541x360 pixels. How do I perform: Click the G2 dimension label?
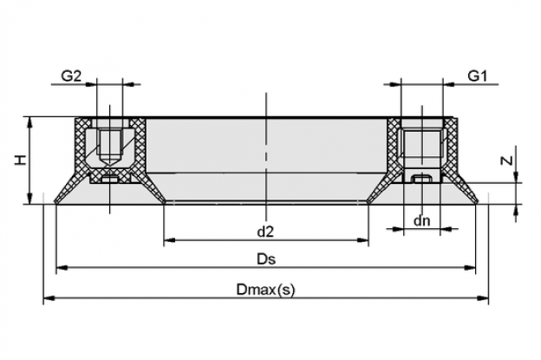[71, 75]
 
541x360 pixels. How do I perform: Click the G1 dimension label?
[477, 75]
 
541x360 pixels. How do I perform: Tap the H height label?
[22, 160]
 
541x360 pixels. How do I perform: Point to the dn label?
[421, 220]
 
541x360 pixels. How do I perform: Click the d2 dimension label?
[265, 232]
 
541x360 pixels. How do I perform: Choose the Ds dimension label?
[266, 259]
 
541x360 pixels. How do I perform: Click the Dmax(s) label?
[265, 289]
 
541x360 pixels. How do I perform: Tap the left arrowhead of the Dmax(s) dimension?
[49, 298]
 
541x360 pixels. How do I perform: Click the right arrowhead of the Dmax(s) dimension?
[483, 298]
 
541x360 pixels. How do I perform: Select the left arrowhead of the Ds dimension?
[62, 267]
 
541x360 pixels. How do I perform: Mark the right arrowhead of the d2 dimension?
[363, 240]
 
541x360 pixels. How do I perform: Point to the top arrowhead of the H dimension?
[30, 122]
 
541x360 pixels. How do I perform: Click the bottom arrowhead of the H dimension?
[30, 199]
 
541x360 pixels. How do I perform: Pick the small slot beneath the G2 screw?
[110, 180]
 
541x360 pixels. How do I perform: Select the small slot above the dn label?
[422, 179]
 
